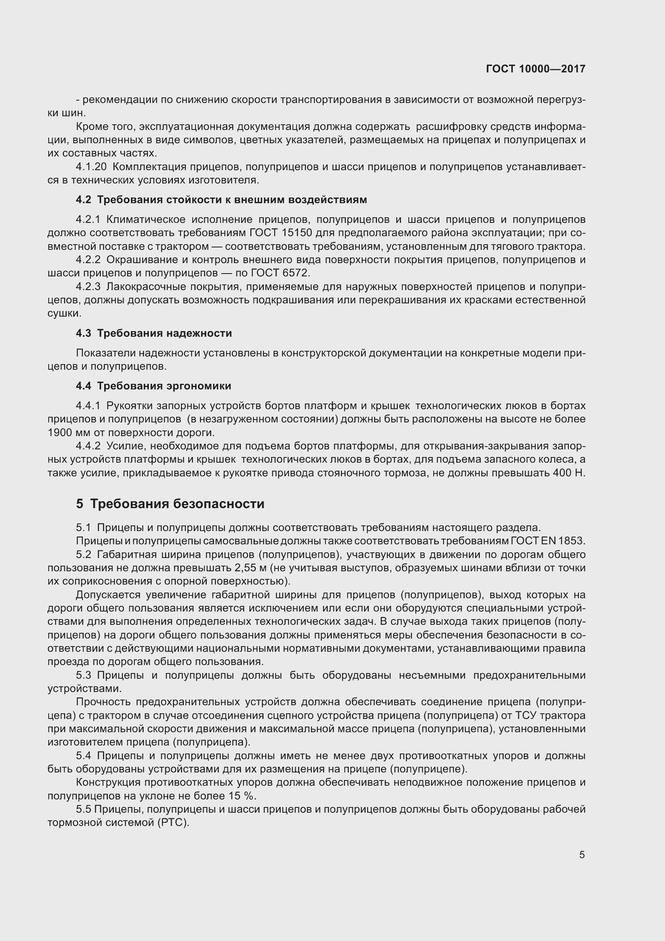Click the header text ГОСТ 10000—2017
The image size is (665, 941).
[x=535, y=69]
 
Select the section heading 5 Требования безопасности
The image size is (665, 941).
[x=170, y=504]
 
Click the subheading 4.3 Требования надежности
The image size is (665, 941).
[x=154, y=333]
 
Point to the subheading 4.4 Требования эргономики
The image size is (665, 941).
[x=153, y=386]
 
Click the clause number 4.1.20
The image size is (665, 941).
[x=91, y=167]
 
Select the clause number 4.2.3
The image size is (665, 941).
[x=88, y=286]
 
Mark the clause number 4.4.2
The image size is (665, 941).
[x=88, y=446]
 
